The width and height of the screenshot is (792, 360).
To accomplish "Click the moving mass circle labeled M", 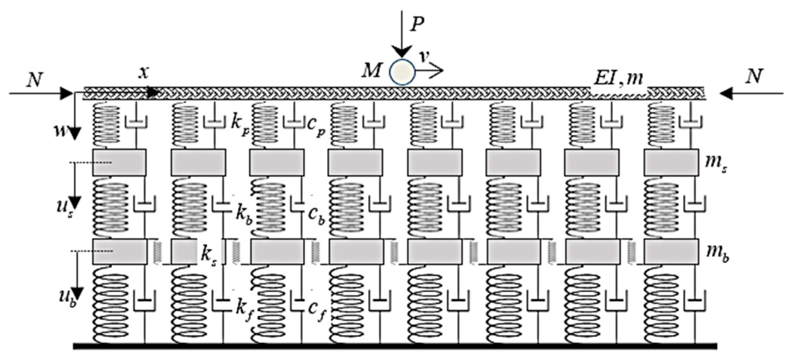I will (x=403, y=72).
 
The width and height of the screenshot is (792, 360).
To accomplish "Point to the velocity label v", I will (x=425, y=57).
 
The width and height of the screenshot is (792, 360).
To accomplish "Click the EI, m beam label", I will (x=618, y=78).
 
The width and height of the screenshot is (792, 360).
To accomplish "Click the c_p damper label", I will (x=316, y=129).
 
